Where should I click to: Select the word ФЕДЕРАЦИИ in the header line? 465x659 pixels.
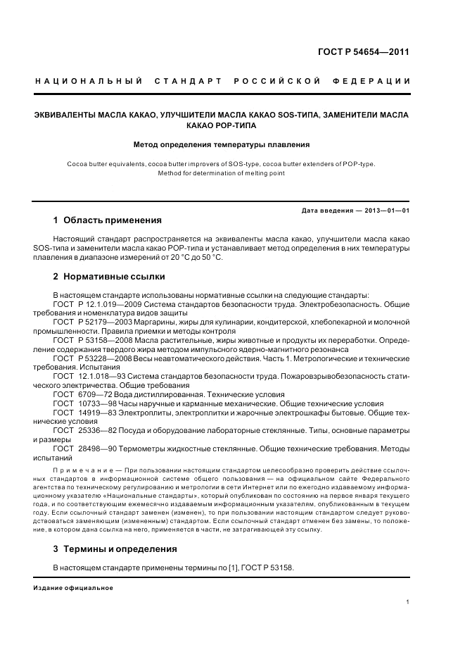379,81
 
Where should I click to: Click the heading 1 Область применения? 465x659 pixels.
107,220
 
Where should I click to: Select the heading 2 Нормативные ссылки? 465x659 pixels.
109,277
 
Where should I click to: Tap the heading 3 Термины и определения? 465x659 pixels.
115,548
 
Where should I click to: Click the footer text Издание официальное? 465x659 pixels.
73,588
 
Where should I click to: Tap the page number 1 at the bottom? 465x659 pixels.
408,603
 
